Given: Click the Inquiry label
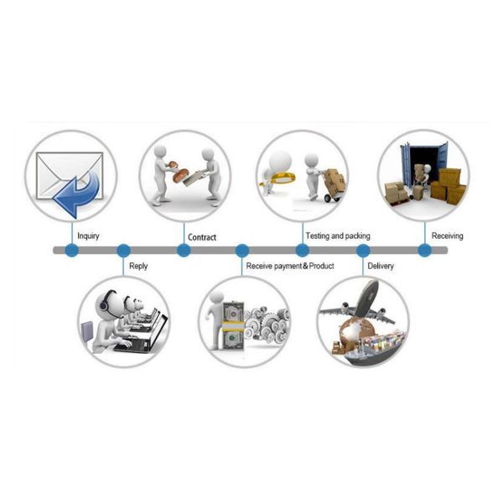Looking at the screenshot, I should click(x=88, y=236).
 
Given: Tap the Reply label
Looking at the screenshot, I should click(x=137, y=267).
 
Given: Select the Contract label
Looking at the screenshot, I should click(x=202, y=237).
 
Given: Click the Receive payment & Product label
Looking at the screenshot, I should click(x=290, y=267).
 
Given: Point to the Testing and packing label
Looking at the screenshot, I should click(x=338, y=236).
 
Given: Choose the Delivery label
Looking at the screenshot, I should click(x=381, y=267).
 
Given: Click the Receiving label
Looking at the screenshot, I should click(x=447, y=236).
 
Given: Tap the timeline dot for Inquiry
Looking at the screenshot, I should click(x=72, y=250).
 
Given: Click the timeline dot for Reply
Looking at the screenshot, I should click(x=123, y=250).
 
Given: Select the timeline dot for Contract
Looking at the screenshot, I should click(x=184, y=250).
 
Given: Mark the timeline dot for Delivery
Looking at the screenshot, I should click(x=363, y=250).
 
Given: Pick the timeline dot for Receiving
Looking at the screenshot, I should click(x=425, y=250).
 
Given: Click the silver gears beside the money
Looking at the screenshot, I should click(x=268, y=323).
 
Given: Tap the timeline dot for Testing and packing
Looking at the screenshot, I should click(x=303, y=250).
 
